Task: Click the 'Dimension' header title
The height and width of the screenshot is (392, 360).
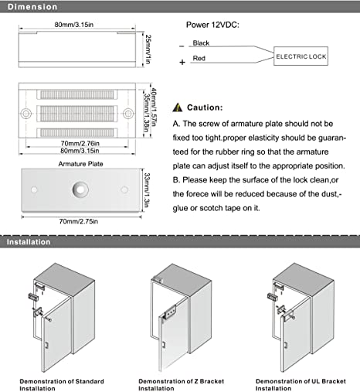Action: click(32, 7)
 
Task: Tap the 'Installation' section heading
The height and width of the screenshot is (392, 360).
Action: click(29, 242)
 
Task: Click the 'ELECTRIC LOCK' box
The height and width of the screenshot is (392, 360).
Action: click(301, 56)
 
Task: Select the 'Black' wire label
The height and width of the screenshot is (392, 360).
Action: click(201, 43)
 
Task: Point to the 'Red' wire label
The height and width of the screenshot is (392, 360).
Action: click(199, 58)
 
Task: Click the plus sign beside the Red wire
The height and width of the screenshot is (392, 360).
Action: click(182, 62)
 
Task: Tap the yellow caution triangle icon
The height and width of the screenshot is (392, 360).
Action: click(178, 107)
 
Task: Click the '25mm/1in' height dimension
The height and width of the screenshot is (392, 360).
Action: click(148, 49)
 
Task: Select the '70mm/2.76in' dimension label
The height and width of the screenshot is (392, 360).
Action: click(80, 143)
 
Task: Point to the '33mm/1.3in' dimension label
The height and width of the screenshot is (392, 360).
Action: click(147, 190)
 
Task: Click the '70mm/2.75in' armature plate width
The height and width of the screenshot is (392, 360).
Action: click(79, 221)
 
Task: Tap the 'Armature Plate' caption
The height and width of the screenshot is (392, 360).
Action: click(80, 164)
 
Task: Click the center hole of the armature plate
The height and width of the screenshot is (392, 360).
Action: click(80, 189)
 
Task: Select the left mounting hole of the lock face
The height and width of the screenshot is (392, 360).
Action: click(26, 114)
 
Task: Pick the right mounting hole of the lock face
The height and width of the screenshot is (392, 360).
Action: click(128, 114)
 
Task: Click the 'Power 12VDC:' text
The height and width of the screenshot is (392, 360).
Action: click(212, 25)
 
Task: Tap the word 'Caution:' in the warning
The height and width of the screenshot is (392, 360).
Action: click(205, 107)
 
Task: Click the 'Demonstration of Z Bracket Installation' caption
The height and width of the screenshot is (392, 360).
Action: click(181, 385)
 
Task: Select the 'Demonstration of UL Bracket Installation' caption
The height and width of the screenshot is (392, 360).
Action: click(301, 385)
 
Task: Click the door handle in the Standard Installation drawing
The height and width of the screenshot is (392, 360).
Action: click(46, 345)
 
